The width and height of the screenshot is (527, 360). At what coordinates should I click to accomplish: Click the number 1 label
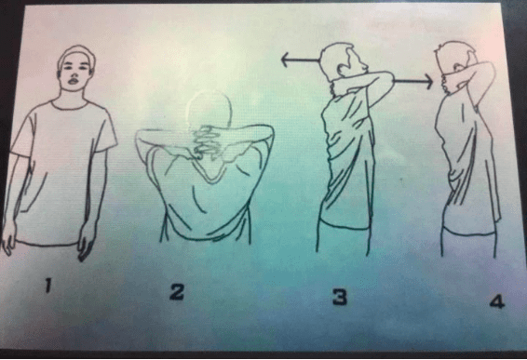click(x=48, y=286)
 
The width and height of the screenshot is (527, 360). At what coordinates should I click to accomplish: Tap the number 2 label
click(x=177, y=291)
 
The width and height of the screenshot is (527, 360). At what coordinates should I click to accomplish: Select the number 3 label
click(x=340, y=298)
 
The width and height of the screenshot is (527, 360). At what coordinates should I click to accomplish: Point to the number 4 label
click(x=497, y=301)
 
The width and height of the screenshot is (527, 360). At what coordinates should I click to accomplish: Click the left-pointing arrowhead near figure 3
click(x=285, y=60)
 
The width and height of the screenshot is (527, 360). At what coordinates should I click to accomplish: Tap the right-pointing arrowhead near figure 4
click(x=428, y=82)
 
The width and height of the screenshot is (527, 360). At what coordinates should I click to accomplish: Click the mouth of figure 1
click(x=74, y=81)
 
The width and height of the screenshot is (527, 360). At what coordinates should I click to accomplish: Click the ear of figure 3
click(x=343, y=70)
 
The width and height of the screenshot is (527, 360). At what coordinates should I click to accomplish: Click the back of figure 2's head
click(x=209, y=109)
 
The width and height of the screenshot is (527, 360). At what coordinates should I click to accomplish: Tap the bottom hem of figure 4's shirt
click(x=468, y=232)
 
